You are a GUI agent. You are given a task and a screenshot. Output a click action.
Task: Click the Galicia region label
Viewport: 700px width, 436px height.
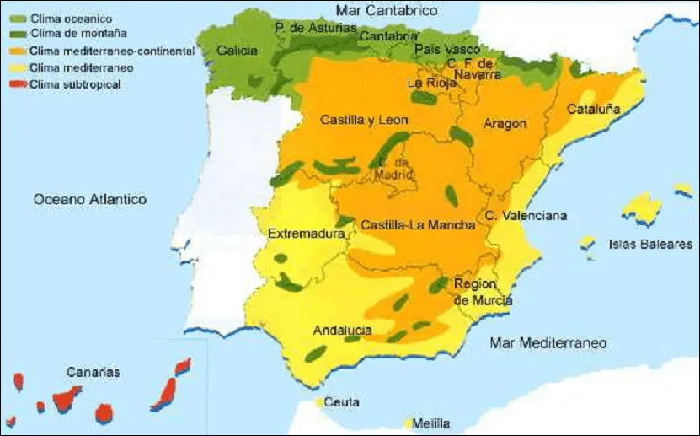[x=237, y=51]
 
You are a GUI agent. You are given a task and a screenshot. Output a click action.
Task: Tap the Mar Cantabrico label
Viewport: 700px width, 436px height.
[x=387, y=11]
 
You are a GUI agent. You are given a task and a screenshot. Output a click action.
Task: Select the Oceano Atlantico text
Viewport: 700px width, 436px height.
[x=90, y=200]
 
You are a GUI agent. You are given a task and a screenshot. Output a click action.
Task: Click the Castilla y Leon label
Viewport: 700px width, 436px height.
[x=364, y=121]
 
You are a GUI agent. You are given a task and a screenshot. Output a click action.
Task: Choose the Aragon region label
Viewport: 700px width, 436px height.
[x=505, y=124]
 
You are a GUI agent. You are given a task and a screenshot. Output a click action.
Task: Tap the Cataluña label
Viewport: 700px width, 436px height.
[x=593, y=110]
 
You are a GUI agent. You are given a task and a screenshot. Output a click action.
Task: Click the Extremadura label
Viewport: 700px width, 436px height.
[x=301, y=234]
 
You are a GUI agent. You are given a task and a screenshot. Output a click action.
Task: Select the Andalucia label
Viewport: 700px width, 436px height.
[x=342, y=331]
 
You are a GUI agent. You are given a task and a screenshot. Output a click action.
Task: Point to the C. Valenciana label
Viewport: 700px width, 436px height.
[x=526, y=216]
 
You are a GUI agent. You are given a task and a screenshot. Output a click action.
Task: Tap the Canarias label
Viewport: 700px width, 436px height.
[x=94, y=371]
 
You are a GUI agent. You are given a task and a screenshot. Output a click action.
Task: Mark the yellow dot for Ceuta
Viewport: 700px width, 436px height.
[x=320, y=403]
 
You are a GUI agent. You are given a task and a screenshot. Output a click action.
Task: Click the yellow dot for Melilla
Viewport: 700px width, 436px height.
[x=409, y=423]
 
